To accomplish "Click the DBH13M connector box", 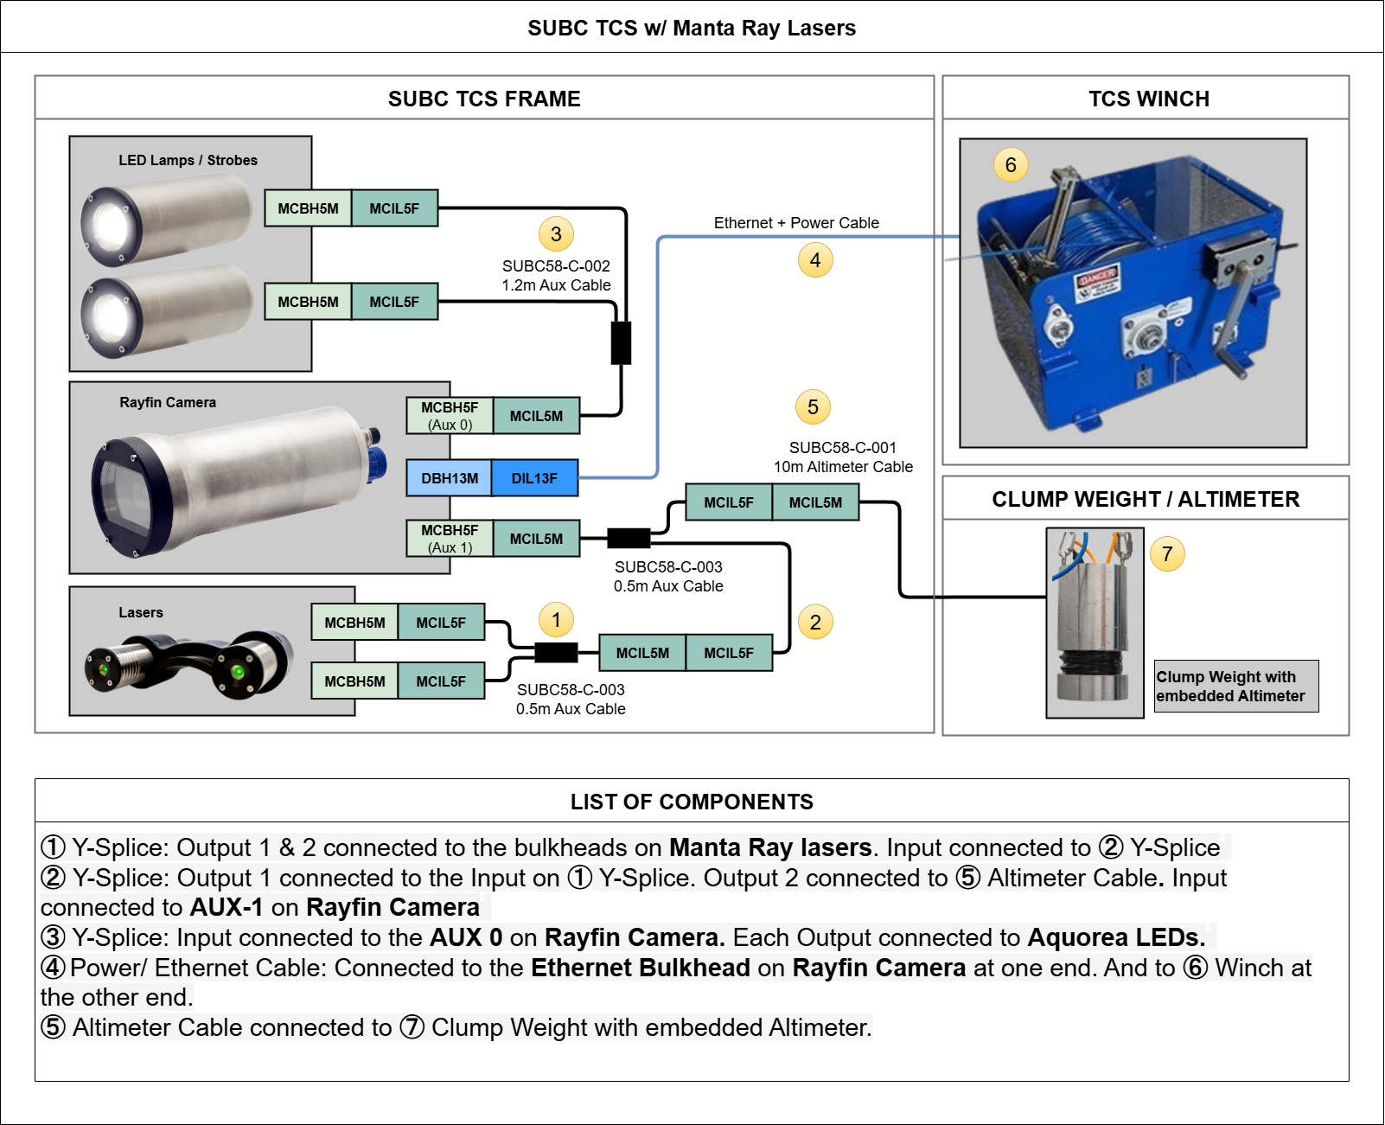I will [x=450, y=478].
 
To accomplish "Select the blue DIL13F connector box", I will [x=534, y=478].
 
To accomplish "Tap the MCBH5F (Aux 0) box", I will [x=450, y=416].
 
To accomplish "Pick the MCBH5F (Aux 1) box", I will [x=450, y=539].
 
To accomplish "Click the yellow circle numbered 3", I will [x=556, y=233].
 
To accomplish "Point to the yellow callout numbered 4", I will [x=815, y=259].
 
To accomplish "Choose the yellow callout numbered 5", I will [x=813, y=406].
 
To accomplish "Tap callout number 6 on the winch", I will [x=1011, y=164].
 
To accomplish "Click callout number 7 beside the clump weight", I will [x=1167, y=553].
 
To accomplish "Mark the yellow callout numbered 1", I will [x=556, y=619].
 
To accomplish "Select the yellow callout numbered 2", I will [x=815, y=622].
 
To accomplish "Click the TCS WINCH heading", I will [x=1148, y=99].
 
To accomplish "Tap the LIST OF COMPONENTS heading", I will [x=692, y=802].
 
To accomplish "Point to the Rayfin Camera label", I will [x=168, y=402].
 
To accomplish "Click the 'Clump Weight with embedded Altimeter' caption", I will [x=1231, y=687].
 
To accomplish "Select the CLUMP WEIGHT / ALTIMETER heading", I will [x=1146, y=499].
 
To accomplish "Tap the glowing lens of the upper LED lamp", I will [x=110, y=225].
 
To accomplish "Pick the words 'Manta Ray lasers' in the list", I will [x=769, y=847].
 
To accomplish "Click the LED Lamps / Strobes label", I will [x=188, y=160].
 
